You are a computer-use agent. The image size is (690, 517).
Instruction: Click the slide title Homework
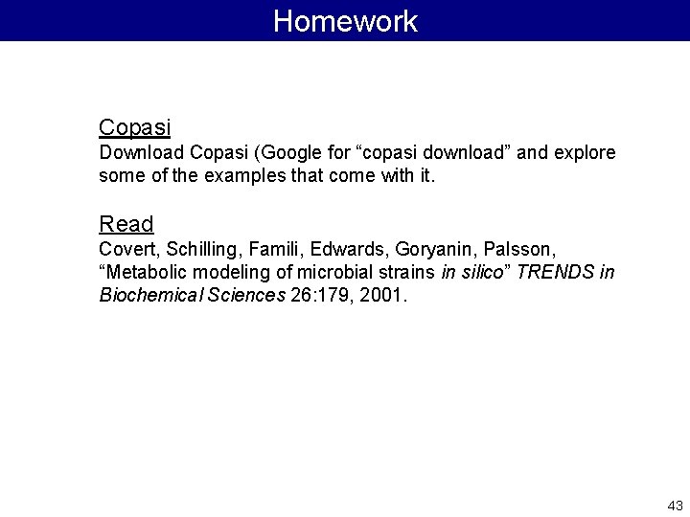point(345,21)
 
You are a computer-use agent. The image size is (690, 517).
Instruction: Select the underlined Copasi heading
point(134,127)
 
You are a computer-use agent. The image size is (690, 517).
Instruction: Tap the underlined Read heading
point(126,224)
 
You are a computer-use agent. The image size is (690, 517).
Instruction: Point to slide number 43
point(674,505)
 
